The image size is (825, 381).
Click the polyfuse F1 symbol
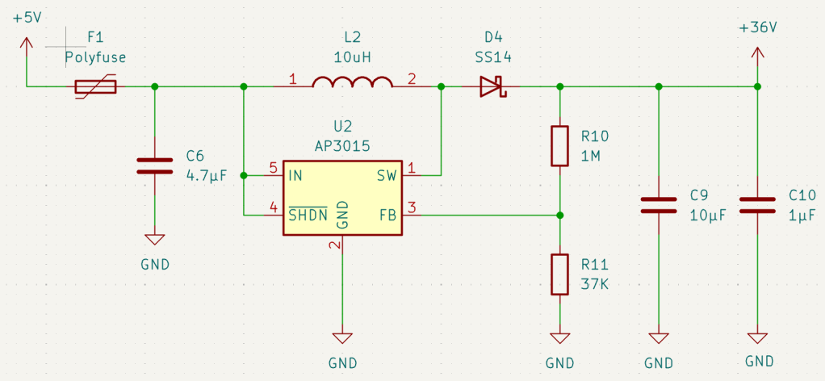click(95, 86)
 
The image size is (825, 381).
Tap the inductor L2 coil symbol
click(352, 82)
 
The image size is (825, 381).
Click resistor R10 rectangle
click(560, 146)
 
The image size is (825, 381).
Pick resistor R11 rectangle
click(560, 274)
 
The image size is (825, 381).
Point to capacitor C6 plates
click(155, 165)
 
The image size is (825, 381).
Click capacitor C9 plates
click(658, 205)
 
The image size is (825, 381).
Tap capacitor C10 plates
click(757, 205)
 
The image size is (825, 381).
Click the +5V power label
click(27, 18)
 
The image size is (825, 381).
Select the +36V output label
click(758, 28)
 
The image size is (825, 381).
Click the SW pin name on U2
click(386, 175)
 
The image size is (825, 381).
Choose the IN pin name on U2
click(295, 175)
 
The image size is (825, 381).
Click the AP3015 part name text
click(342, 144)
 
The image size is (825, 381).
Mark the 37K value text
click(595, 285)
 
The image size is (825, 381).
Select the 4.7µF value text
click(207, 176)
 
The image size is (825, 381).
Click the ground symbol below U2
click(342, 338)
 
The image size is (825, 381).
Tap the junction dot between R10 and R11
click(560, 215)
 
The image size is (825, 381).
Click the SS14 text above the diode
click(493, 57)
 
